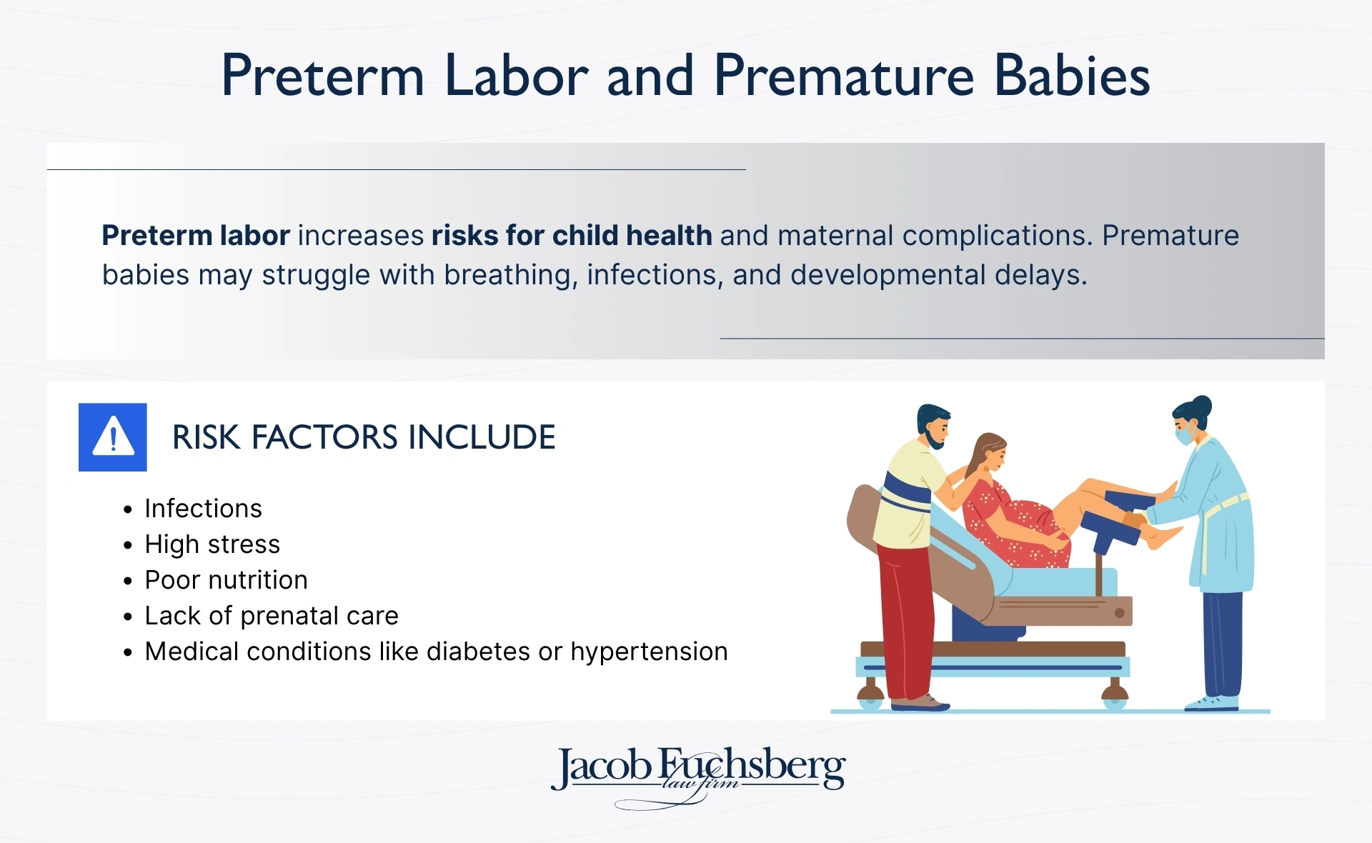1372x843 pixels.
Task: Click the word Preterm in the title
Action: click(x=323, y=76)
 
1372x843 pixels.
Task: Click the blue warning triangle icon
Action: click(x=113, y=437)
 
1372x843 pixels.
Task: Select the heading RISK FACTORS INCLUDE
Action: click(x=364, y=437)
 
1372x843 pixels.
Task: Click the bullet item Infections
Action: click(x=203, y=509)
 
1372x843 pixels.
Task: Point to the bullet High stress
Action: click(x=212, y=544)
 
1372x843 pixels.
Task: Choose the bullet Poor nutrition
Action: click(x=226, y=580)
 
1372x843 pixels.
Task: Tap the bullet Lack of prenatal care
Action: click(x=272, y=616)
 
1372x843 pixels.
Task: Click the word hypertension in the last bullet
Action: click(x=649, y=652)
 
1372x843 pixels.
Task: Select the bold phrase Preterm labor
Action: click(x=196, y=236)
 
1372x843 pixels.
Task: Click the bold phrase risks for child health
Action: click(x=572, y=236)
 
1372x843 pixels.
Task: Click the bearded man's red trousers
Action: click(x=906, y=614)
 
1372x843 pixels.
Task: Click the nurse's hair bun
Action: click(x=1203, y=405)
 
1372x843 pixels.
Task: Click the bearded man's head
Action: click(x=933, y=425)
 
